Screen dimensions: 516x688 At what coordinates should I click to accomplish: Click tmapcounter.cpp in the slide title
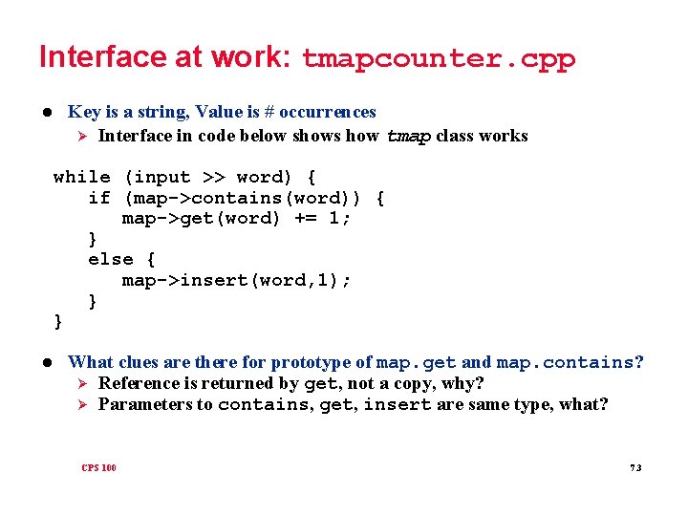tap(439, 59)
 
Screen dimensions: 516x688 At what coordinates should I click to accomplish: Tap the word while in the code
tap(81, 177)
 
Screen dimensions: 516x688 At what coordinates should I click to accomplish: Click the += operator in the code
tap(312, 218)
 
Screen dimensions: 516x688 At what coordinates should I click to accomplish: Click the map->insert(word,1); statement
tap(237, 280)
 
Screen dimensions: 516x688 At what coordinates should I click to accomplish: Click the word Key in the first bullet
tap(84, 112)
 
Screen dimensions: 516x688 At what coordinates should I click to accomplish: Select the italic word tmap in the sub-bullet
tap(408, 136)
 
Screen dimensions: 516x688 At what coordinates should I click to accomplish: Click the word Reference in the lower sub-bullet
tap(138, 383)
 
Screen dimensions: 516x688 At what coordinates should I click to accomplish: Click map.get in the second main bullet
tap(417, 362)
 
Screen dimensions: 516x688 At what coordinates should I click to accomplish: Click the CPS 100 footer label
tap(98, 467)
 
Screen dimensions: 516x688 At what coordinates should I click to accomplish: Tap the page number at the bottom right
tap(636, 467)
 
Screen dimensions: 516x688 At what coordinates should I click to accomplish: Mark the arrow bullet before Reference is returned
tap(82, 383)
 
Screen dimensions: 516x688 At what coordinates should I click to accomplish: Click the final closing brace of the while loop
tap(58, 321)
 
